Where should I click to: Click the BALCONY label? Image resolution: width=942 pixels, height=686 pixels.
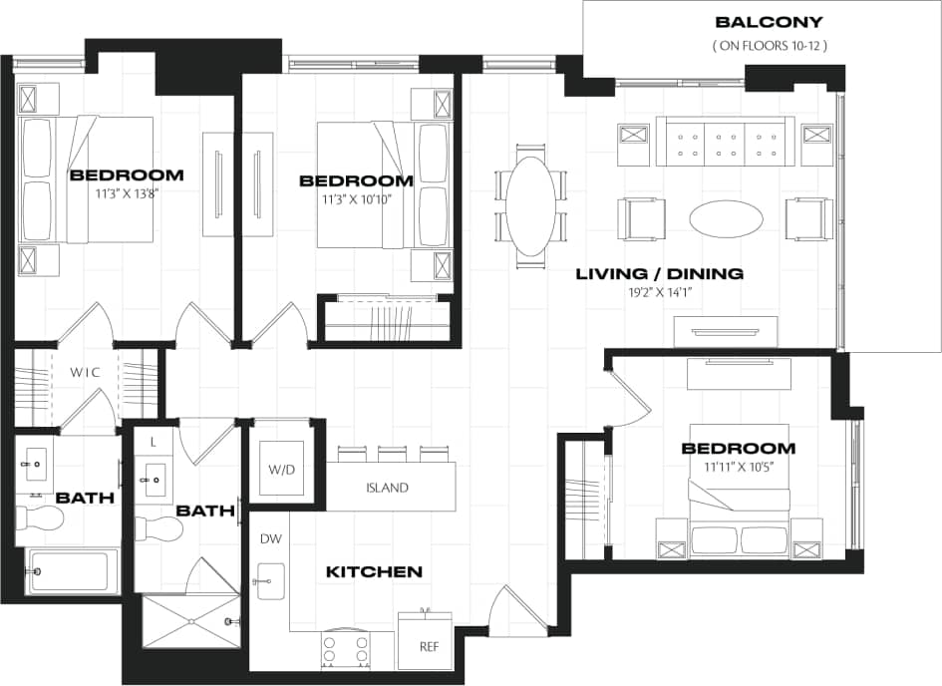tap(769, 22)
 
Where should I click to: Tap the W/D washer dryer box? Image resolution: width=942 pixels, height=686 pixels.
tap(280, 468)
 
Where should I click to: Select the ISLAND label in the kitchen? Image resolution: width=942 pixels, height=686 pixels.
tap(388, 489)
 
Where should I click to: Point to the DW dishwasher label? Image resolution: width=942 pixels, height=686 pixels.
tap(269, 538)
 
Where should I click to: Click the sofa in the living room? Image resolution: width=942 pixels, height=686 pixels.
tap(725, 142)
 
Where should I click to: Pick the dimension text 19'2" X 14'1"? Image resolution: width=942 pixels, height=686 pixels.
tap(660, 293)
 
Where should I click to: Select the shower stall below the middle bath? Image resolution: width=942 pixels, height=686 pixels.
tap(190, 621)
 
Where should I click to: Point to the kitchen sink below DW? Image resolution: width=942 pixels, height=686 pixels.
tap(269, 581)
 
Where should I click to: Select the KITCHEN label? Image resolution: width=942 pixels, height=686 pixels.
tap(374, 572)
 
